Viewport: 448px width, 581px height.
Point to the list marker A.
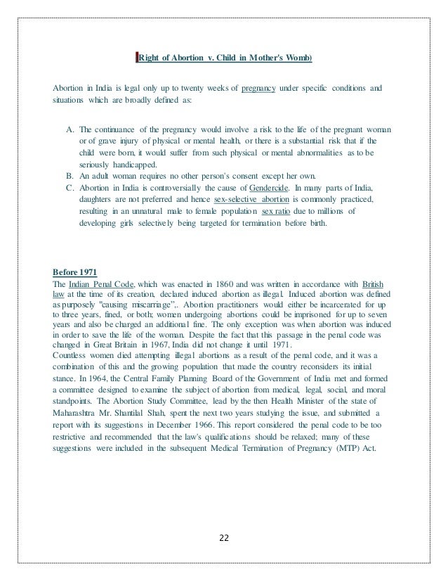pos(70,130)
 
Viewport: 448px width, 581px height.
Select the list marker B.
pos(70,174)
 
